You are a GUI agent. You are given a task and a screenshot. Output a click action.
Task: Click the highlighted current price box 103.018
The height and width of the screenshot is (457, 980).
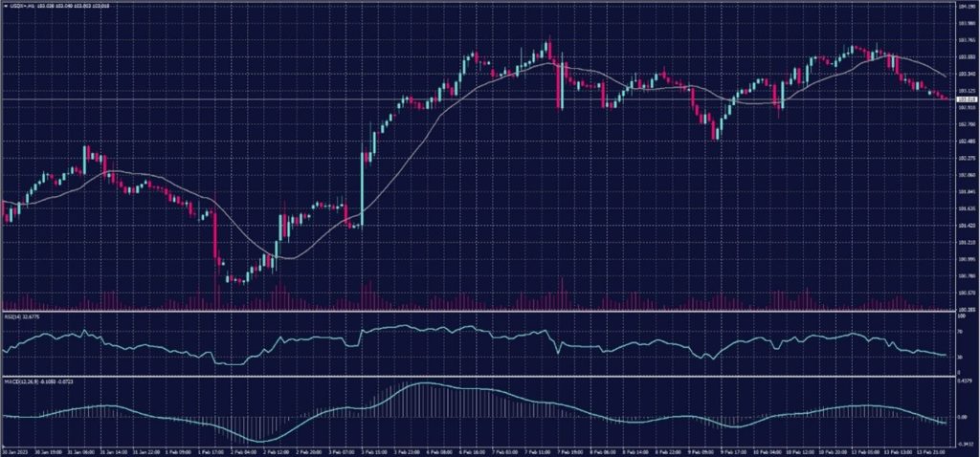click(966, 99)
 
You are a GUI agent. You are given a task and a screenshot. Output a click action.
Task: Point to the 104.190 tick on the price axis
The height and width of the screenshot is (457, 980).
click(966, 7)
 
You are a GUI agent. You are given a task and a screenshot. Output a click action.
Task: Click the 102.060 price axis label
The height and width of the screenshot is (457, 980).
click(966, 175)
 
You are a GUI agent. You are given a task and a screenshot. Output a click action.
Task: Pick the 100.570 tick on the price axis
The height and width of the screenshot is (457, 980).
click(966, 293)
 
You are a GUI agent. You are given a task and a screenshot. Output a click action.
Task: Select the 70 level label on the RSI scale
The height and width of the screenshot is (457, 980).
click(959, 329)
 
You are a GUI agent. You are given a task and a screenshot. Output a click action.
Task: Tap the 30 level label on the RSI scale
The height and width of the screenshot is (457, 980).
click(959, 357)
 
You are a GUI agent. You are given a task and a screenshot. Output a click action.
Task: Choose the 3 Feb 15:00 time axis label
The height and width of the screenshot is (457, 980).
click(373, 450)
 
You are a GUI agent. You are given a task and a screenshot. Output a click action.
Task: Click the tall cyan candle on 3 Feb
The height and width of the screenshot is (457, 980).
click(363, 186)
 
